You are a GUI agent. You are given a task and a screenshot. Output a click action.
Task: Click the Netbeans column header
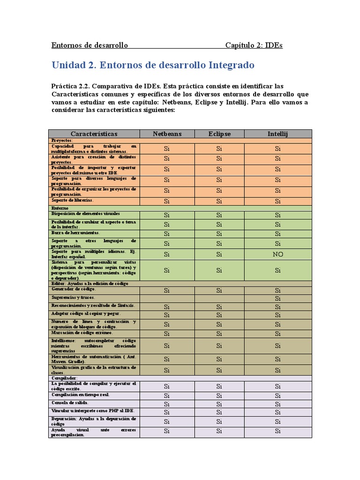point(167,134)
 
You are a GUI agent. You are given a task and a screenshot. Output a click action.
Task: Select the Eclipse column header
point(219,134)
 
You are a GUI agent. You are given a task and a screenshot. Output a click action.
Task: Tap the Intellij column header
point(277,134)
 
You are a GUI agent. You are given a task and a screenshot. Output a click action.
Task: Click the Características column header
point(94,134)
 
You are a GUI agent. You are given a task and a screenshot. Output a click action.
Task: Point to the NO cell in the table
point(277,254)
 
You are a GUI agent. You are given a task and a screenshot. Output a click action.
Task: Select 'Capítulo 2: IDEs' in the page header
point(254,45)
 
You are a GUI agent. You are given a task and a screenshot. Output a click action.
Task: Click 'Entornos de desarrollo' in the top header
point(89,45)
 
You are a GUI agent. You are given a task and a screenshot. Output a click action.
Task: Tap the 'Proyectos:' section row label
point(62,140)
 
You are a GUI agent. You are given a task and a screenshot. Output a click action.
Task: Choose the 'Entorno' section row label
point(60,208)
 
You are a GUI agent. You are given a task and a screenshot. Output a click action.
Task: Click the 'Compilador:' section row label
point(64,378)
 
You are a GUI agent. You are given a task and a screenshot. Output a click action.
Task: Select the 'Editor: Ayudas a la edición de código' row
point(89,284)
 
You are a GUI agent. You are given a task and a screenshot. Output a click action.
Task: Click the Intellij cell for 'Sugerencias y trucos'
point(277,299)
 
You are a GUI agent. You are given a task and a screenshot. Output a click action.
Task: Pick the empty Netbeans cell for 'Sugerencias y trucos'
point(167,299)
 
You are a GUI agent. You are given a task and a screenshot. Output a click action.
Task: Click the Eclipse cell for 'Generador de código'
point(219,291)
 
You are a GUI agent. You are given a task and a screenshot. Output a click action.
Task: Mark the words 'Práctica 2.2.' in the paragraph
point(70,86)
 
